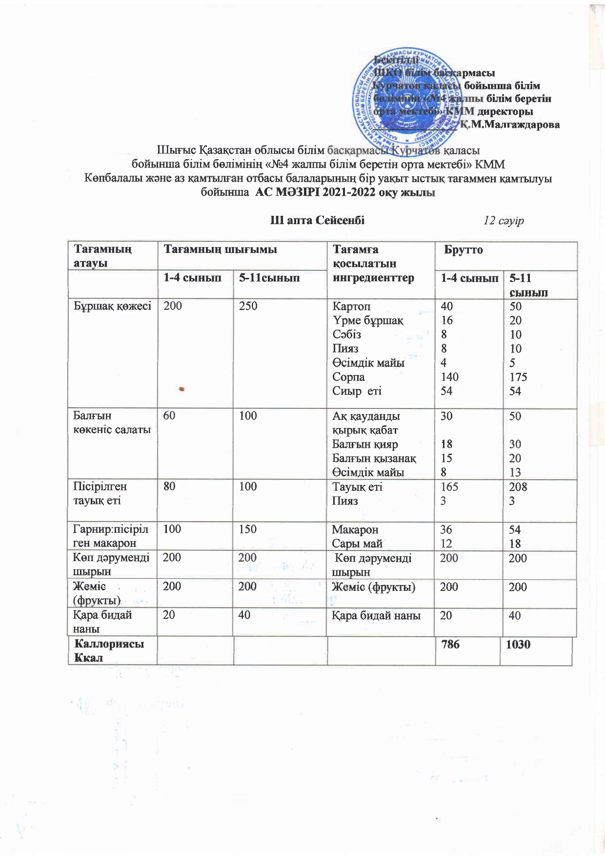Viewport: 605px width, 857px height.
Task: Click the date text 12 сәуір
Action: [504, 221]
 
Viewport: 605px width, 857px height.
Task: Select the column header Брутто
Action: [464, 250]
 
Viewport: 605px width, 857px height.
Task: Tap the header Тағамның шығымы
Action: [220, 250]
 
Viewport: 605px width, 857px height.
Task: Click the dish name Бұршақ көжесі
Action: [112, 306]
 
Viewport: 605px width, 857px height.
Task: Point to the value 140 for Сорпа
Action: [449, 377]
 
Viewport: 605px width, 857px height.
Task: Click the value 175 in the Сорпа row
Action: [518, 377]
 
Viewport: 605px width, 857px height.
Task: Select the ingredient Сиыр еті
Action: [357, 391]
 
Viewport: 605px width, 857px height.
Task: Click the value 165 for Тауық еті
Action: [449, 487]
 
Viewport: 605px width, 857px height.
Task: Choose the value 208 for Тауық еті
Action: [518, 487]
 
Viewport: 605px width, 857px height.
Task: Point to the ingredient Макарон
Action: [355, 530]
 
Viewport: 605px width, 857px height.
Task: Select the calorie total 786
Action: [450, 645]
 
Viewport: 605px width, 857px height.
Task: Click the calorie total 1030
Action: [518, 645]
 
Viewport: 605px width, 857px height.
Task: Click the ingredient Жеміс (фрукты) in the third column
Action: [374, 587]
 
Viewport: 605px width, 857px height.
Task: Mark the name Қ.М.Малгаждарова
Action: [510, 125]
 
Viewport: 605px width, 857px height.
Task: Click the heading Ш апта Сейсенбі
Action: [318, 220]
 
